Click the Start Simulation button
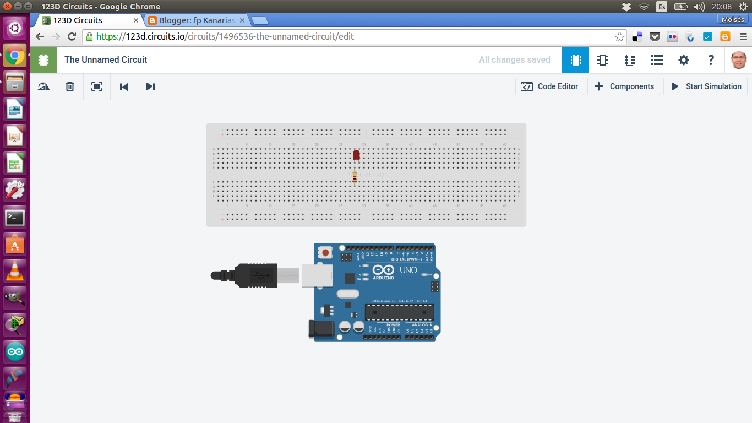tap(706, 86)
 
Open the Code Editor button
tap(549, 86)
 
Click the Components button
tap(624, 86)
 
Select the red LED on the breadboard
tap(356, 155)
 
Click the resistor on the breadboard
tap(355, 177)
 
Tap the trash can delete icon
tap(70, 86)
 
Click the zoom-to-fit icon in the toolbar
tap(97, 86)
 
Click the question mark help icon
tap(711, 60)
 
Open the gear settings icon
tap(684, 60)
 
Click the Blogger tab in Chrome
tap(197, 20)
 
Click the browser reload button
tap(72, 37)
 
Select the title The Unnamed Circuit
tap(106, 59)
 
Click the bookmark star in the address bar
tap(619, 37)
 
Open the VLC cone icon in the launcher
tap(15, 270)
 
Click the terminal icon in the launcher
tap(15, 218)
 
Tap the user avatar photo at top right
tap(739, 60)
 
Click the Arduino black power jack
tap(321, 329)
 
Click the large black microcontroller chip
tap(399, 312)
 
